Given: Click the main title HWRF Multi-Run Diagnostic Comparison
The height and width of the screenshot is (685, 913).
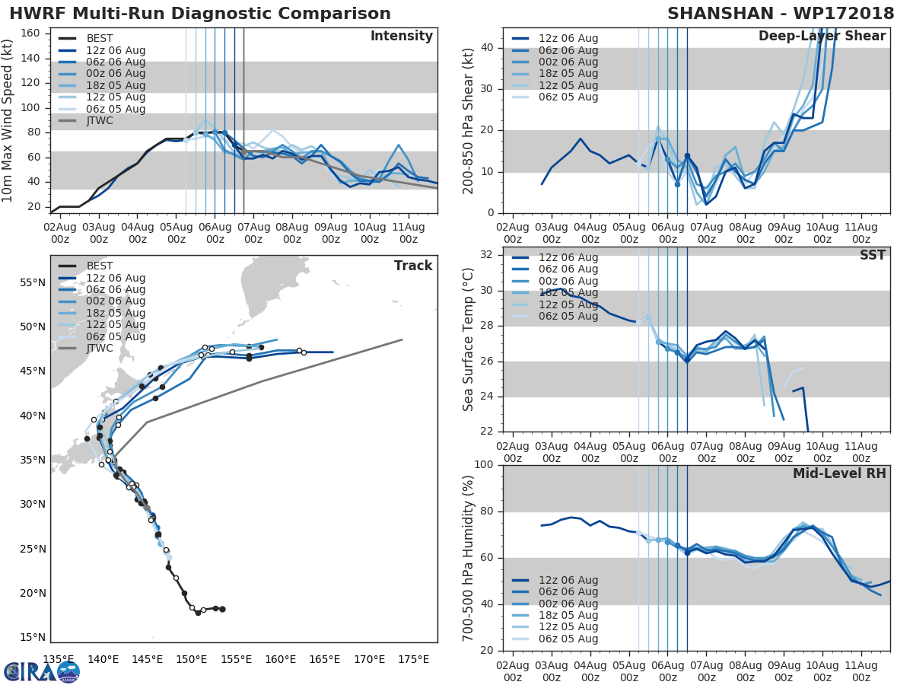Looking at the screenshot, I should pyautogui.click(x=200, y=14).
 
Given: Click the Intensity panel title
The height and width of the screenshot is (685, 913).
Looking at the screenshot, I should pyautogui.click(x=401, y=37).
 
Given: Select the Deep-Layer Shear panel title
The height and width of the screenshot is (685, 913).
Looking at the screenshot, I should pyautogui.click(x=822, y=37).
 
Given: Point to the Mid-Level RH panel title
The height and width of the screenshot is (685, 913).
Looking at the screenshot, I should pyautogui.click(x=839, y=473).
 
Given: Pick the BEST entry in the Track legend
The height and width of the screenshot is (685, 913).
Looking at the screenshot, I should pyautogui.click(x=100, y=266).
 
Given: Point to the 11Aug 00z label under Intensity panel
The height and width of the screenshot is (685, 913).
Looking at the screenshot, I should pyautogui.click(x=408, y=233).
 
